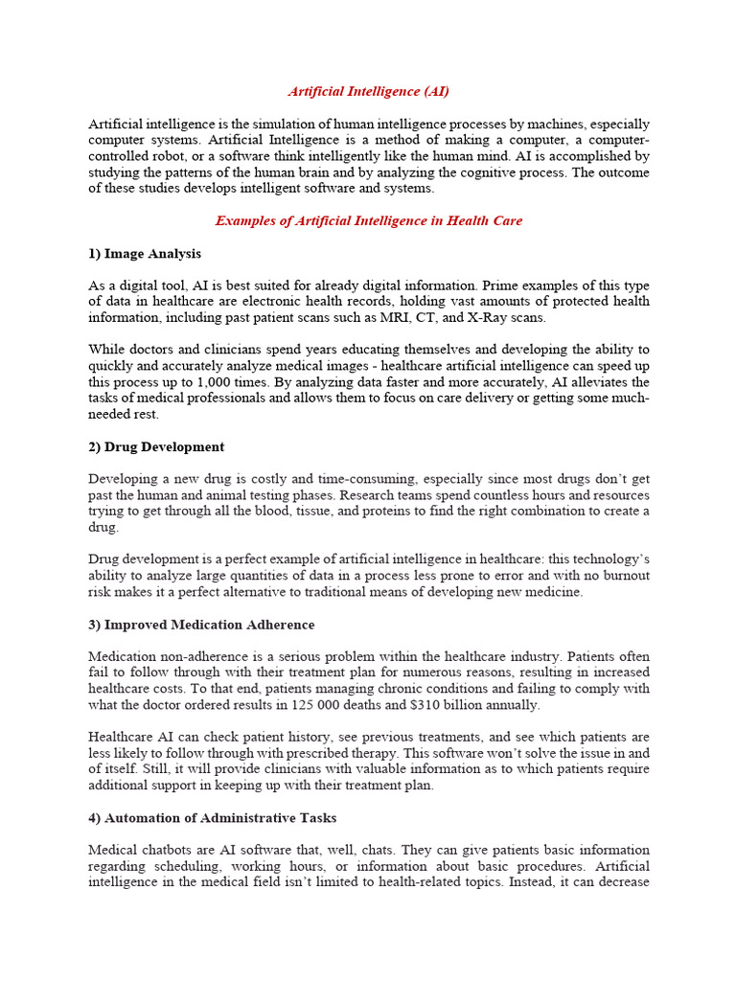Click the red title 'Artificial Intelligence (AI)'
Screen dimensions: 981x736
coord(369,91)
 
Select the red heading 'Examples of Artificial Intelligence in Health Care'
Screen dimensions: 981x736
coord(369,220)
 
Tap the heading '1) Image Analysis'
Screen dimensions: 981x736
coord(145,254)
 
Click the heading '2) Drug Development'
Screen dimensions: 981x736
coord(156,446)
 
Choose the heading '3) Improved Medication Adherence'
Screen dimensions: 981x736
coord(201,625)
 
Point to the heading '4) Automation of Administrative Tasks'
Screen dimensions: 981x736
coord(212,818)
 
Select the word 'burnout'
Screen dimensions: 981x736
coord(617,576)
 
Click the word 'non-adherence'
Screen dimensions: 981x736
coord(198,657)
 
